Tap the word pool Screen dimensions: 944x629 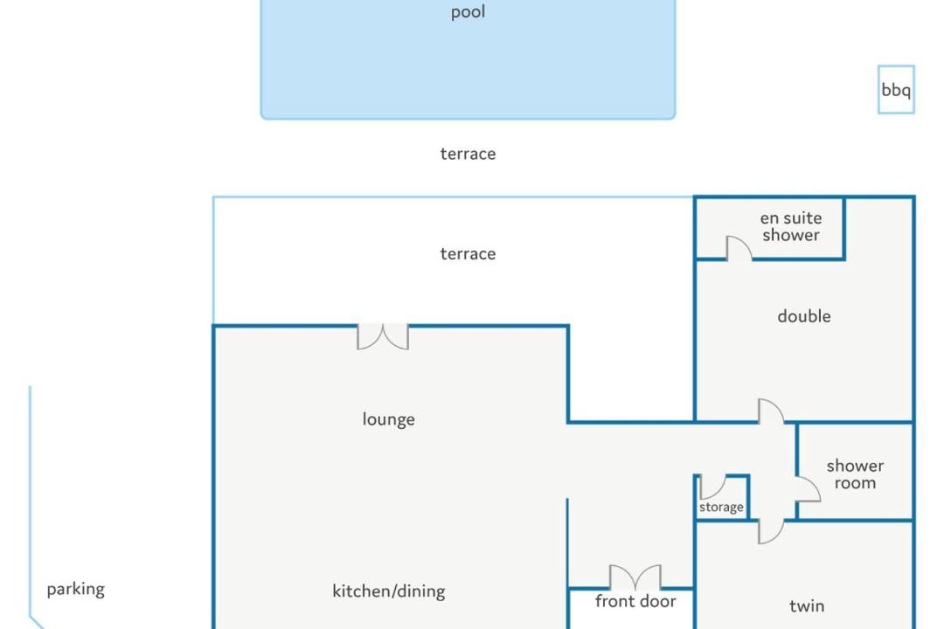[468, 12]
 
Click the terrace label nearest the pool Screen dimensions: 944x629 [468, 154]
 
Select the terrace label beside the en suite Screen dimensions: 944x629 [468, 254]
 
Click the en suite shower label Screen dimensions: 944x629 [790, 226]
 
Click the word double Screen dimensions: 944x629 [804, 316]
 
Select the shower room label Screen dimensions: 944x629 [855, 474]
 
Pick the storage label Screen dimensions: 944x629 [720, 508]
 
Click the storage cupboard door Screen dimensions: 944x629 [719, 493]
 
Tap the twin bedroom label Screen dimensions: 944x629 [807, 606]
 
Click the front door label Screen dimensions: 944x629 [635, 601]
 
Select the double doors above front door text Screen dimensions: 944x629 [635, 577]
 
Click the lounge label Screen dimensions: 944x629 [388, 419]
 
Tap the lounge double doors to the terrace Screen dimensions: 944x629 [383, 337]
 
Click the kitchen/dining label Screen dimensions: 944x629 [388, 591]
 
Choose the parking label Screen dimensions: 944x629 [76, 590]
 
